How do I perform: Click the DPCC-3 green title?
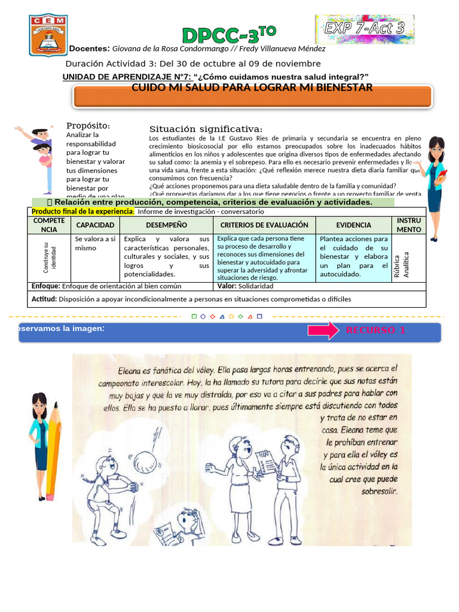click(x=229, y=35)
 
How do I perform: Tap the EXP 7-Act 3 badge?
click(x=364, y=29)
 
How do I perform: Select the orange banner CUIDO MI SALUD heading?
click(x=252, y=88)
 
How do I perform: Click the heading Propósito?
click(x=88, y=126)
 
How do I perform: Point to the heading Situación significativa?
click(x=206, y=129)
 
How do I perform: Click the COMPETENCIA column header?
click(x=50, y=225)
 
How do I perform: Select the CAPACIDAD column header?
click(x=95, y=225)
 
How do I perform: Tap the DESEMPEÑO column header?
click(x=166, y=225)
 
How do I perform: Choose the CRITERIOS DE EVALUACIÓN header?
click(x=264, y=225)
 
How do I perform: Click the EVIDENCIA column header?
click(x=353, y=225)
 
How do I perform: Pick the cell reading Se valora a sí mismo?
click(x=95, y=243)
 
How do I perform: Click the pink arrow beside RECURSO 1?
click(x=323, y=331)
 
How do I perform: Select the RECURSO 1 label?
click(x=375, y=331)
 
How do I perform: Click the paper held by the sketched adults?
click(x=264, y=461)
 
